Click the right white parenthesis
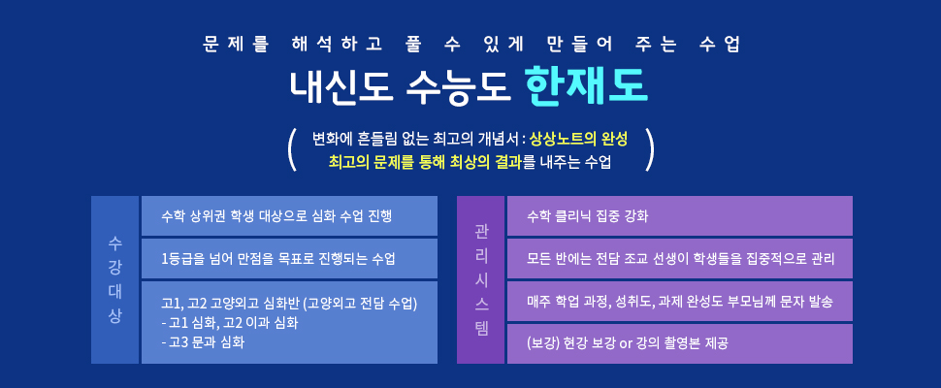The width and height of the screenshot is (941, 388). pyautogui.click(x=648, y=148)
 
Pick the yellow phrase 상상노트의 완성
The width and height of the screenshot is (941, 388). pyautogui.click(x=578, y=140)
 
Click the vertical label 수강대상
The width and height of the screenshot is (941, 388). pyautogui.click(x=114, y=280)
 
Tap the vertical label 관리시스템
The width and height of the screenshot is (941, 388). pyautogui.click(x=481, y=280)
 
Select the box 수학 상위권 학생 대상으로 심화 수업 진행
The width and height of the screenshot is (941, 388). pyautogui.click(x=289, y=216)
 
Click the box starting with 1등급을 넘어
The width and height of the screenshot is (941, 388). pyautogui.click(x=289, y=258)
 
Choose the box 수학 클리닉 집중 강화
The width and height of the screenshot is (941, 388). pyautogui.click(x=679, y=216)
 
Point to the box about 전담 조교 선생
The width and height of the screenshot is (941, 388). pyautogui.click(x=679, y=258)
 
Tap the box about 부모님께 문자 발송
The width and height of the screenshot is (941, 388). pyautogui.click(x=679, y=301)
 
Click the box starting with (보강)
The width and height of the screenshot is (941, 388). pyautogui.click(x=679, y=343)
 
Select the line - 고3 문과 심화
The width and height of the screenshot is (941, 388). pyautogui.click(x=203, y=341)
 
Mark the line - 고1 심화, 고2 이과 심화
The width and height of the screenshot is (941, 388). pyautogui.click(x=230, y=323)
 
